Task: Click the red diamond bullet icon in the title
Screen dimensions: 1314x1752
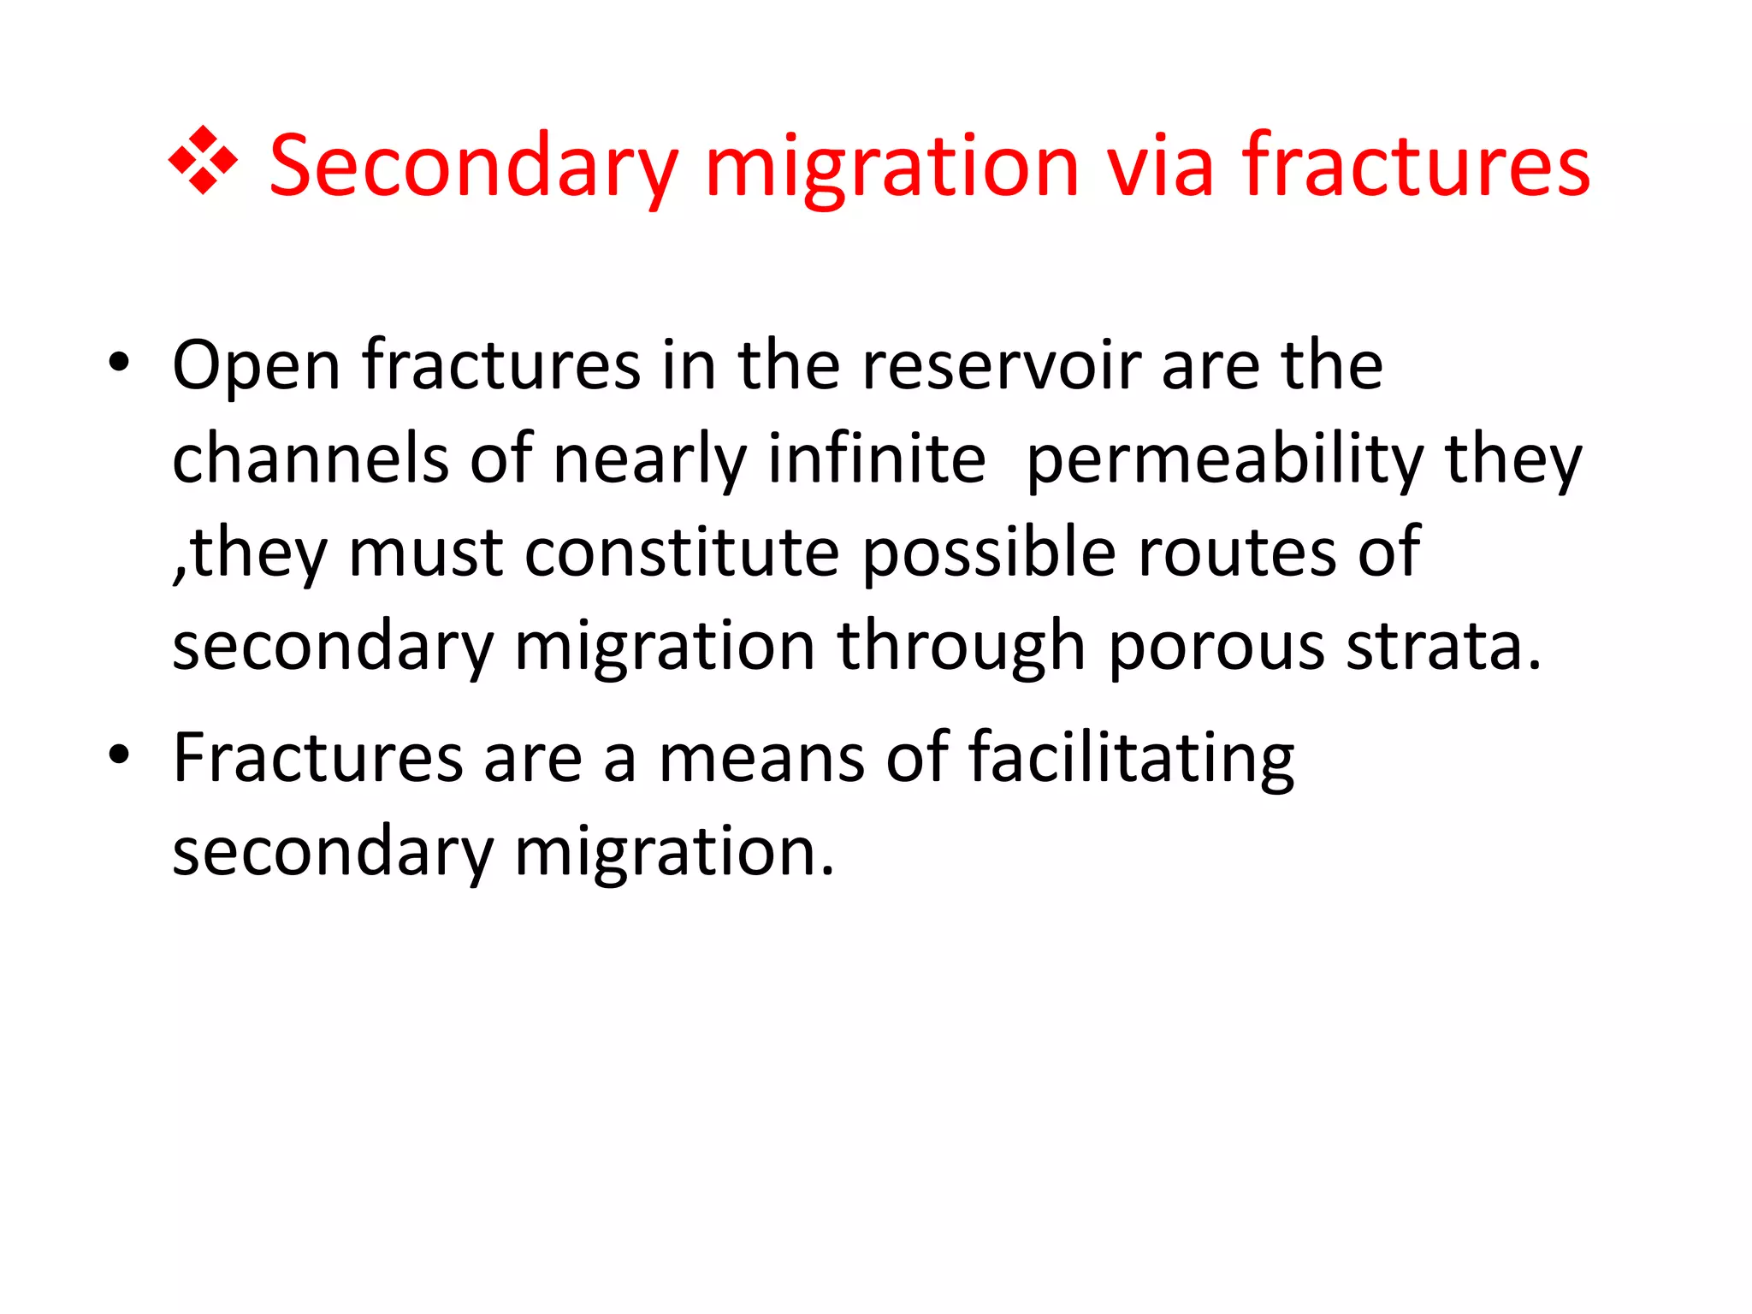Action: pyautogui.click(x=203, y=161)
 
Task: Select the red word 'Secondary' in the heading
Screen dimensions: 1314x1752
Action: pyautogui.click(x=473, y=167)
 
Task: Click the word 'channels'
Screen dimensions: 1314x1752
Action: pyautogui.click(x=310, y=459)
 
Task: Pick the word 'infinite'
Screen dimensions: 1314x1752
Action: pyautogui.click(x=876, y=459)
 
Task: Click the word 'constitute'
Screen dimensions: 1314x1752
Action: pyautogui.click(x=682, y=553)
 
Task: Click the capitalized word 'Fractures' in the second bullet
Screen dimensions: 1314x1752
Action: pyautogui.click(x=317, y=758)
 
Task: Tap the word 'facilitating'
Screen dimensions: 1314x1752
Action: pyautogui.click(x=1131, y=760)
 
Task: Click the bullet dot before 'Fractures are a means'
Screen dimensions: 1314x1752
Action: pyautogui.click(x=119, y=755)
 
